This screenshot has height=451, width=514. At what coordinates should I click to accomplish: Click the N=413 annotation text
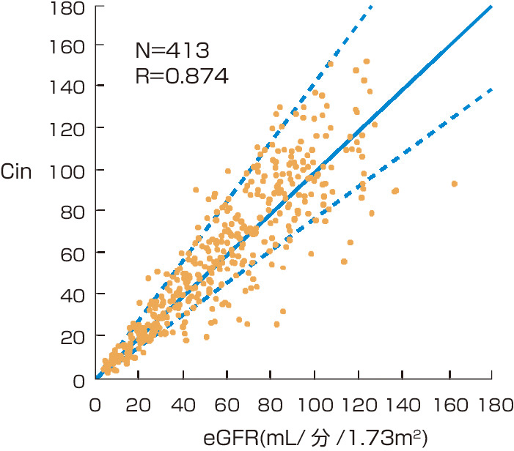[x=173, y=51]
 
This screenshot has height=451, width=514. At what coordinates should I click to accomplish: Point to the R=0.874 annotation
[x=183, y=74]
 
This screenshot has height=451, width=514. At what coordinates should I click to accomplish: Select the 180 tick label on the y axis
[x=67, y=9]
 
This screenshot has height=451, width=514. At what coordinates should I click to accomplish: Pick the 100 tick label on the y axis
[x=67, y=169]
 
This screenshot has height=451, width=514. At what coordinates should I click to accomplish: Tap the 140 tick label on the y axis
[x=67, y=86]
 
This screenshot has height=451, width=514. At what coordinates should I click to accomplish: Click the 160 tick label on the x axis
[x=447, y=404]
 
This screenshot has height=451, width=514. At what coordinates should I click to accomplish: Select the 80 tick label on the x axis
[x=271, y=404]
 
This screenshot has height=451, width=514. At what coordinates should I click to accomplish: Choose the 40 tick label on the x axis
[x=183, y=404]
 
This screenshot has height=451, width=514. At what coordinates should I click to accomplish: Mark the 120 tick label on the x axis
[x=359, y=404]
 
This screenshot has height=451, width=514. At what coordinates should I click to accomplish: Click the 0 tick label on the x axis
[x=96, y=404]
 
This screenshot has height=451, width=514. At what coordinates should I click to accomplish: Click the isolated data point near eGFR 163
[x=454, y=183]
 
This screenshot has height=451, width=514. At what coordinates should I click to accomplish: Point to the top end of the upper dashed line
[x=371, y=6]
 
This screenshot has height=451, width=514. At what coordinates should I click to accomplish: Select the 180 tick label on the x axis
[x=491, y=404]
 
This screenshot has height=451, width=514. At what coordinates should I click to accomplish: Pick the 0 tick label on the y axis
[x=77, y=379]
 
